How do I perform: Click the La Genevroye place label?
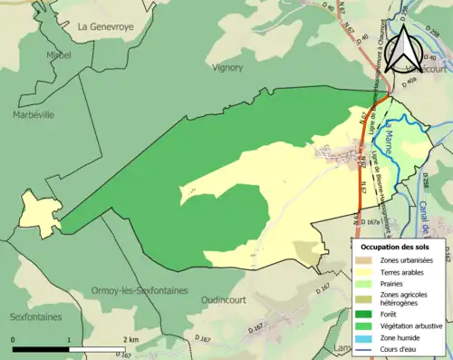pos(105,27)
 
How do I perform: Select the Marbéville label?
pos(34,115)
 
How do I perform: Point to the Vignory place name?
pos(227,67)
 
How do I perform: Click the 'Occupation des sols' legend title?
pos(400,247)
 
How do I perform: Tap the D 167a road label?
pos(370,221)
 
